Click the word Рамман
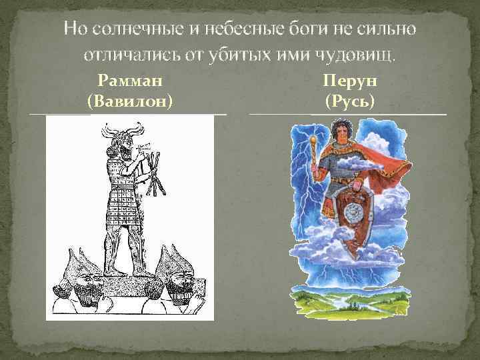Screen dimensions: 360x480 pos(130,82)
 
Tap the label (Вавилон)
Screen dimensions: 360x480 pos(130,101)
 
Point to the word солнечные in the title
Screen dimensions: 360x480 pos(137,29)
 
